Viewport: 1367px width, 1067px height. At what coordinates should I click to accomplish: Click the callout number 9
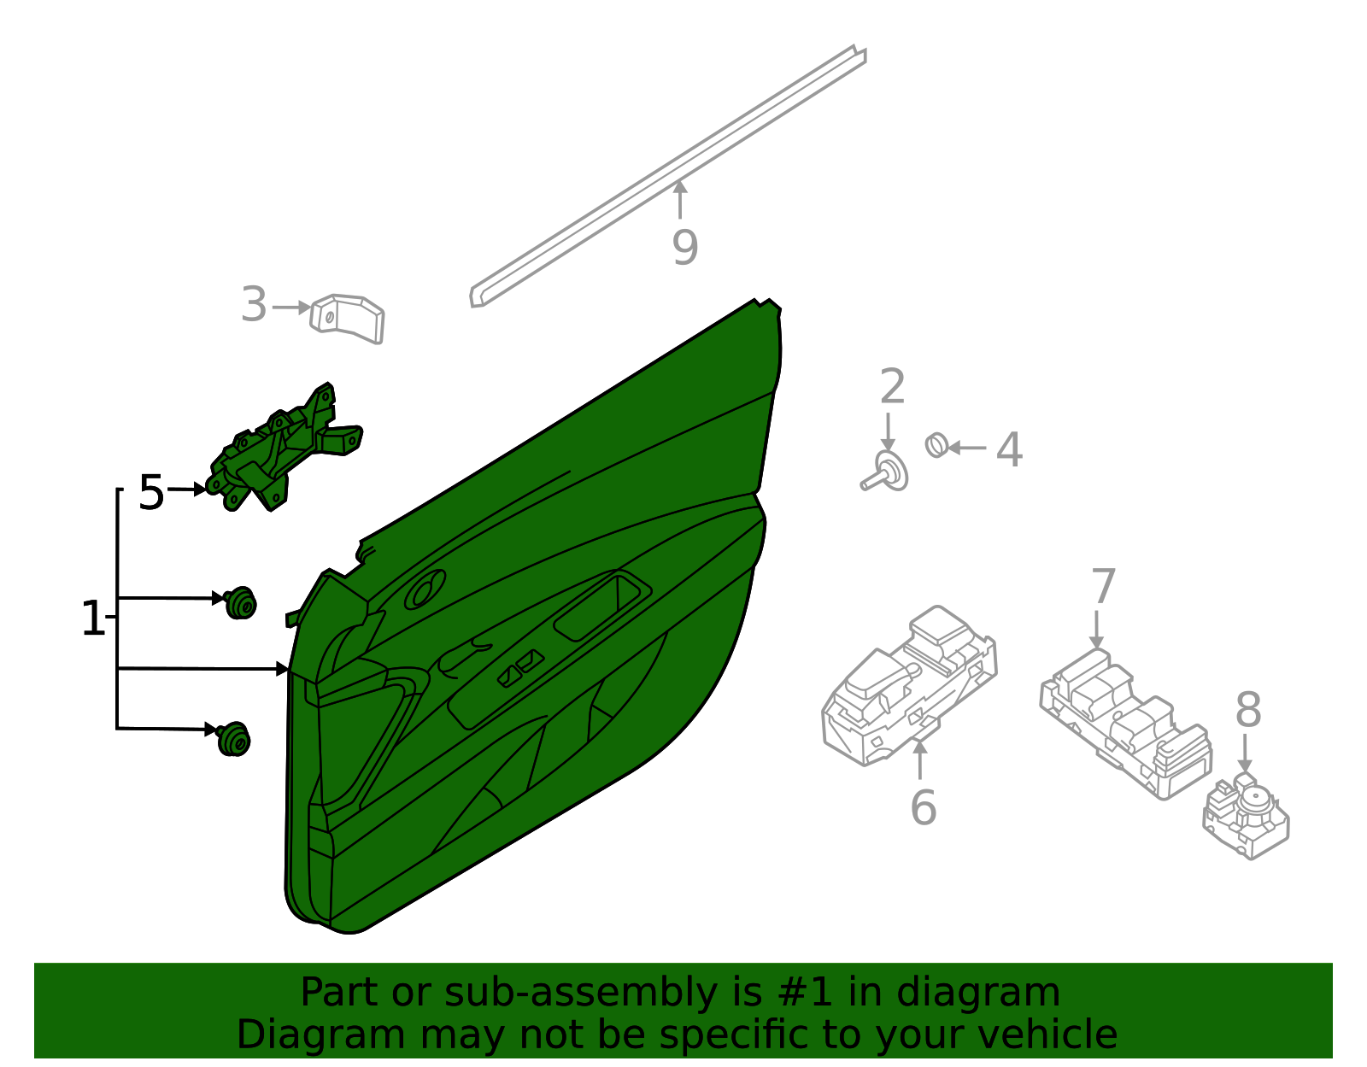click(x=684, y=248)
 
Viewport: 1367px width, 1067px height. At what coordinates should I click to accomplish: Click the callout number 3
click(x=254, y=305)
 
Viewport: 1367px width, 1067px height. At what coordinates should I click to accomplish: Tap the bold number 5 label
click(x=151, y=493)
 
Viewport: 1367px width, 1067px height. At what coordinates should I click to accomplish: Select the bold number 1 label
click(x=92, y=619)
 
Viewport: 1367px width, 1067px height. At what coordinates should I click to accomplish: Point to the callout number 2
click(x=892, y=387)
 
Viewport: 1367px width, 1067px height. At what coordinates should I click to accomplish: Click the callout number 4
click(x=1009, y=449)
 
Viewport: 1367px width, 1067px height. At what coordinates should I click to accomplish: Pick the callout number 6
click(x=923, y=807)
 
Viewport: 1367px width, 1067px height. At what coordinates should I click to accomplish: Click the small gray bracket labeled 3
click(x=349, y=319)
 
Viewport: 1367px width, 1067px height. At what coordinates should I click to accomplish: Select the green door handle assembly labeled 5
click(x=282, y=453)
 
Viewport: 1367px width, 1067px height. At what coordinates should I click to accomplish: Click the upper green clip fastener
click(x=241, y=603)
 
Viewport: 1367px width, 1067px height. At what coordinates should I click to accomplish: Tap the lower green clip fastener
click(x=234, y=739)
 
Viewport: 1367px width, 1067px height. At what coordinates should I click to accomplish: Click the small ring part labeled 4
click(x=936, y=445)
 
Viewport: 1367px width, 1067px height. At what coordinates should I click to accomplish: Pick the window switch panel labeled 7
click(x=1124, y=722)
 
